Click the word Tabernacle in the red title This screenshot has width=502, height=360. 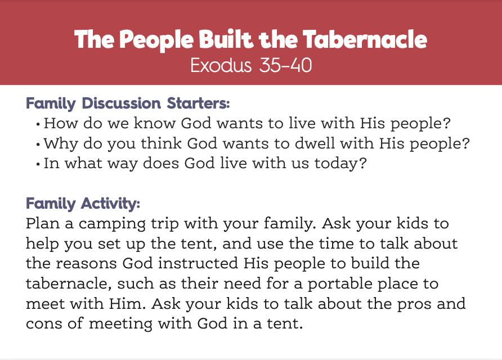tap(365, 39)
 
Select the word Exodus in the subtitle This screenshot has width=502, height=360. tap(221, 65)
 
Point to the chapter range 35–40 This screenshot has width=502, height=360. tap(285, 65)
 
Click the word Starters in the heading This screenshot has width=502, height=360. tap(198, 103)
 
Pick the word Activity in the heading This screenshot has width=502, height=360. tap(110, 204)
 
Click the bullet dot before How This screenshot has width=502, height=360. tap(38, 124)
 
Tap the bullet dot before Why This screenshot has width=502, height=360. tap(38, 145)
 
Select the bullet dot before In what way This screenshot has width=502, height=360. tap(38, 164)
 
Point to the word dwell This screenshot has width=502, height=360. tap(315, 143)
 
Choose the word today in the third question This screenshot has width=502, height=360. tap(340, 164)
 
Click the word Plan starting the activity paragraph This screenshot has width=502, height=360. tap(43, 223)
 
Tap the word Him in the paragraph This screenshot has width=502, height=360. tap(127, 303)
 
